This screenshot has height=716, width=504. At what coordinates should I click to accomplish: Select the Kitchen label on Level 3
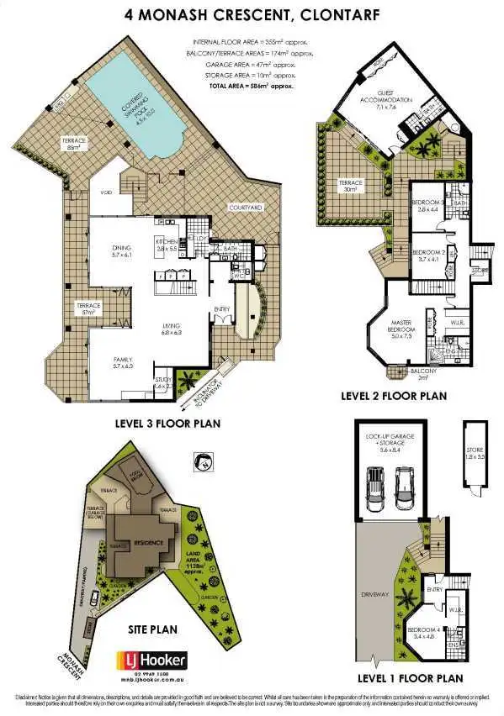166,245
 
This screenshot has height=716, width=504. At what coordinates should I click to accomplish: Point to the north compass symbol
202,460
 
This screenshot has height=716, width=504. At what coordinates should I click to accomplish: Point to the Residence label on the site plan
140,544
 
